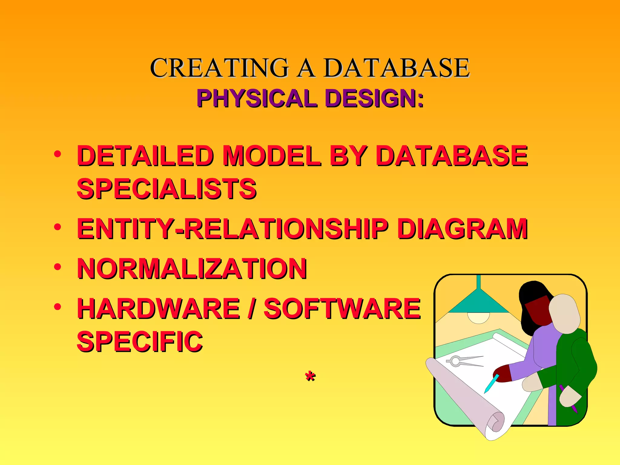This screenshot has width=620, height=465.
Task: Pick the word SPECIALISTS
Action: pyautogui.click(x=167, y=189)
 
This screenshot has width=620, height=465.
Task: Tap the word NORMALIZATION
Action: pyautogui.click(x=192, y=269)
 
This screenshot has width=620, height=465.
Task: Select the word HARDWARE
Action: pyautogui.click(x=159, y=308)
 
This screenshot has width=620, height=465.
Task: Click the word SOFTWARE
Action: pyautogui.click(x=342, y=308)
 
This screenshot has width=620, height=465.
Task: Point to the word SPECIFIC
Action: pyautogui.click(x=140, y=341)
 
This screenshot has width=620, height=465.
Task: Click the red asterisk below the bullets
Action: pyautogui.click(x=310, y=377)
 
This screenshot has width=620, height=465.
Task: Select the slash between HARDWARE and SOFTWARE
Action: pyautogui.click(x=250, y=308)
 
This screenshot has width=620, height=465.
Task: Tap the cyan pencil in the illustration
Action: pyautogui.click(x=491, y=384)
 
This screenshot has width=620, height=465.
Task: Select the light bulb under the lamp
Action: pyautogui.click(x=478, y=318)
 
